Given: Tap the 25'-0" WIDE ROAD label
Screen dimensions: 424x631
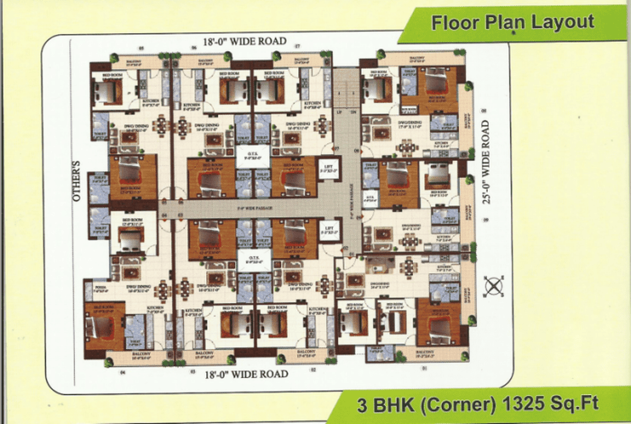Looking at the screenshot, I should pos(486,163).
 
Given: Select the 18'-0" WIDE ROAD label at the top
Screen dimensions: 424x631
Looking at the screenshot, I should pos(245,41).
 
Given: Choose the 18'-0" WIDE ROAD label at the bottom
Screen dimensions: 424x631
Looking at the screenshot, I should pos(246,374).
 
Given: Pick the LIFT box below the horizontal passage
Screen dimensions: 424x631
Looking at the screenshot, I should pos(329,229).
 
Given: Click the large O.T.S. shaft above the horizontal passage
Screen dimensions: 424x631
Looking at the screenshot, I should pos(253,155).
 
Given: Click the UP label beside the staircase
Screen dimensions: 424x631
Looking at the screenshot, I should pos(340,112).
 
